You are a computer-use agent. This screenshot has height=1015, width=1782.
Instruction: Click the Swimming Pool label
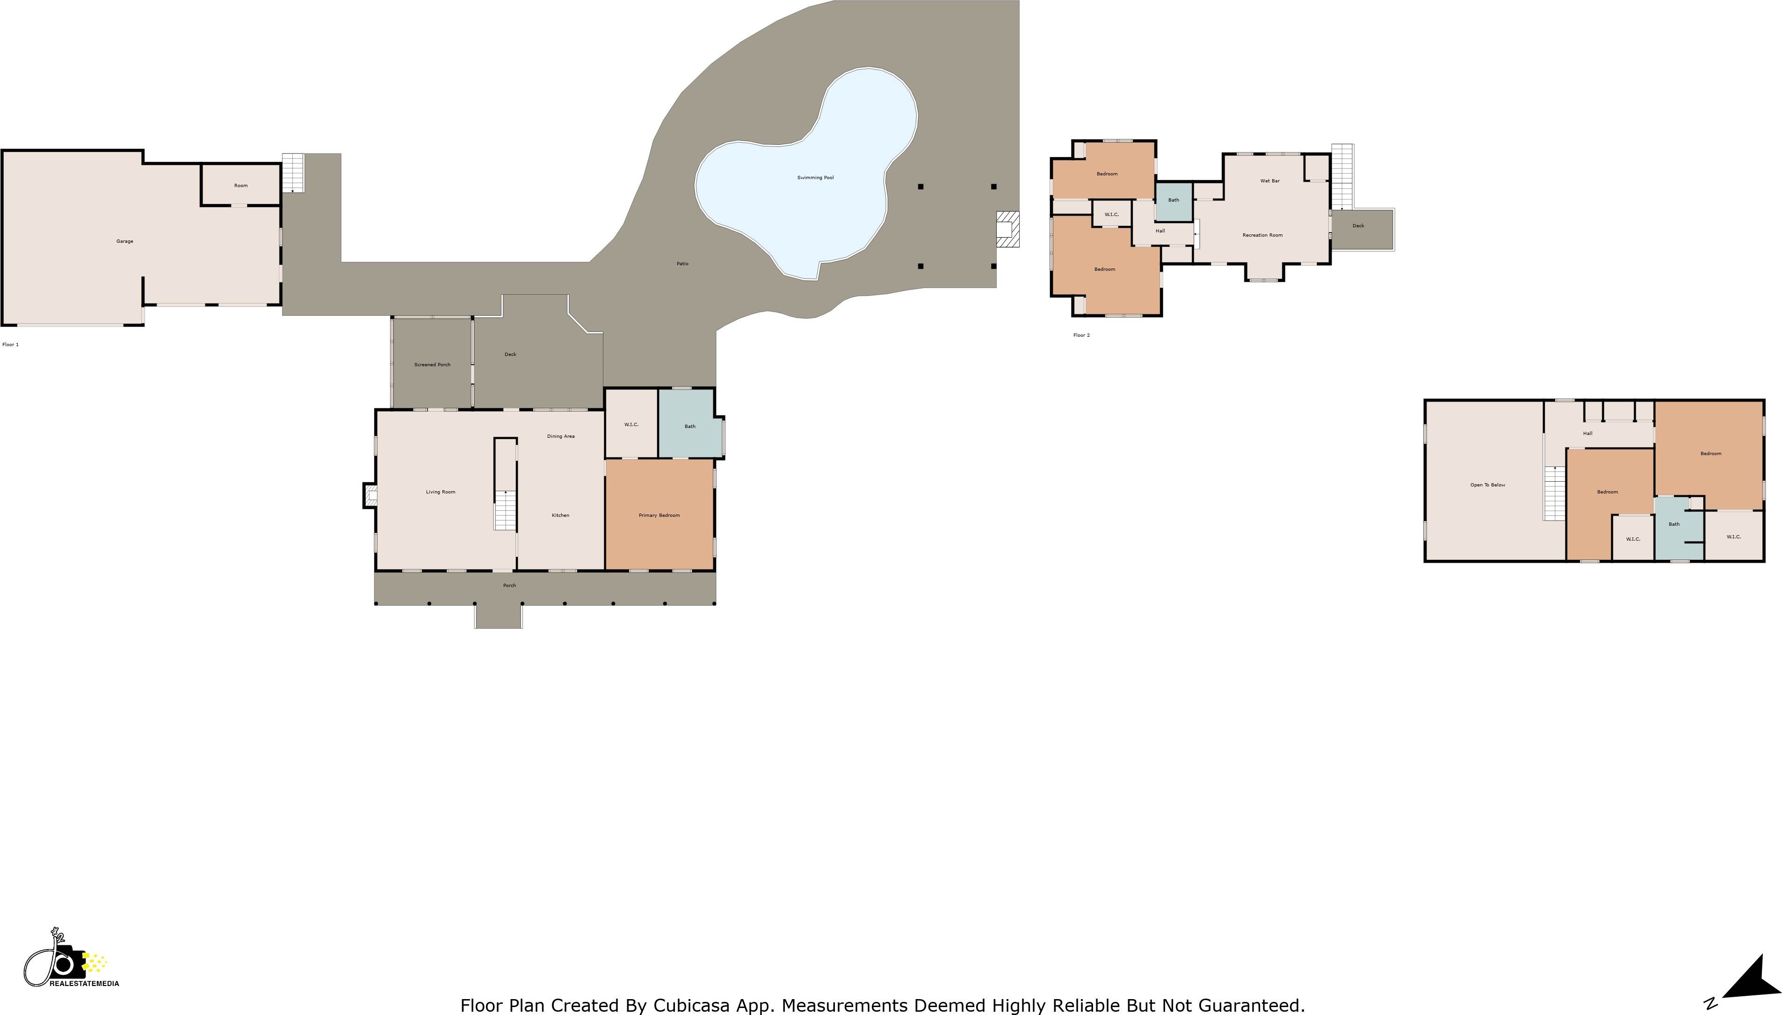tap(815, 178)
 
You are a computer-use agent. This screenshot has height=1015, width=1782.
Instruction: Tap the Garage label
tap(125, 241)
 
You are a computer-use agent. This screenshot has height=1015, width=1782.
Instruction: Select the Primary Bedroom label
tap(659, 515)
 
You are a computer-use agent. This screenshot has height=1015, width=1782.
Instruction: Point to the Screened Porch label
tap(432, 364)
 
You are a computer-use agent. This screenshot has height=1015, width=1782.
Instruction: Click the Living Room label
tap(441, 492)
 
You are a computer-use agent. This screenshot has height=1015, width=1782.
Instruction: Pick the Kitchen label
tap(560, 515)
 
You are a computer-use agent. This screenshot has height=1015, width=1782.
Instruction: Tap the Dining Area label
tap(560, 436)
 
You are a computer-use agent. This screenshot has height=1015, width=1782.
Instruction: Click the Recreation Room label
tap(1262, 235)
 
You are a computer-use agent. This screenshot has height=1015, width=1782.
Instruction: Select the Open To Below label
tap(1487, 485)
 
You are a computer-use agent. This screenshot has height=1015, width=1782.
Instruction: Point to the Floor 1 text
tap(10, 344)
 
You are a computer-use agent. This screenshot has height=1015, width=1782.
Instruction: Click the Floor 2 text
tap(1081, 335)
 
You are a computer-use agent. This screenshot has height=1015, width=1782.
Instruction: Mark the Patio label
tap(682, 263)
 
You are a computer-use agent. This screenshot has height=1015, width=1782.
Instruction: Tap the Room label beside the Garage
tap(240, 185)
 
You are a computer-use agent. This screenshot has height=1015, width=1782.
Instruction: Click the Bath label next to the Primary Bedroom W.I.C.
tap(689, 427)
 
